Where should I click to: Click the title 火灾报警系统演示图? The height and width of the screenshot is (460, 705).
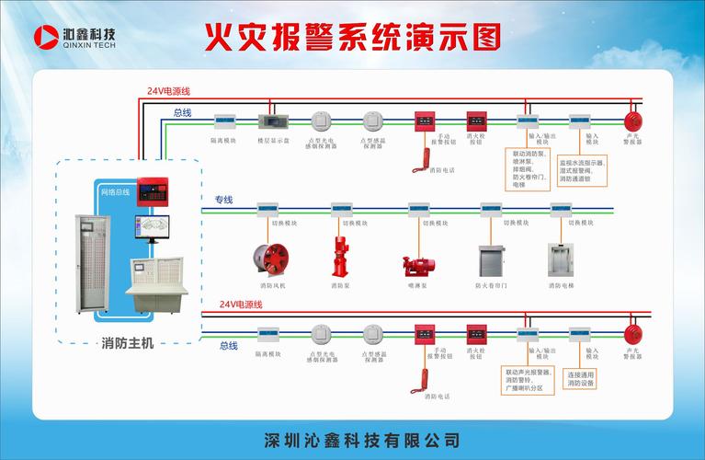pyautogui.click(x=353, y=38)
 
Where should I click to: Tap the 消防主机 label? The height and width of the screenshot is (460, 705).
pyautogui.click(x=128, y=343)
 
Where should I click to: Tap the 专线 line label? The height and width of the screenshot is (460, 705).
pyautogui.click(x=224, y=200)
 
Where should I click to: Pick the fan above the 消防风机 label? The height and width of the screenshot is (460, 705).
pyautogui.click(x=270, y=259)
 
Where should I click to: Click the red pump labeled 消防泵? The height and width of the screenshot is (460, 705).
pyautogui.click(x=341, y=255)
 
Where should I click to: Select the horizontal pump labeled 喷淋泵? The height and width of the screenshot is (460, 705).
pyautogui.click(x=418, y=264)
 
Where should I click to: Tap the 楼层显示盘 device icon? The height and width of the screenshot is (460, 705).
pyautogui.click(x=273, y=121)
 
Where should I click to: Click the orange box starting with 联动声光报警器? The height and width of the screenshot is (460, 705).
pyautogui.click(x=529, y=381)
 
